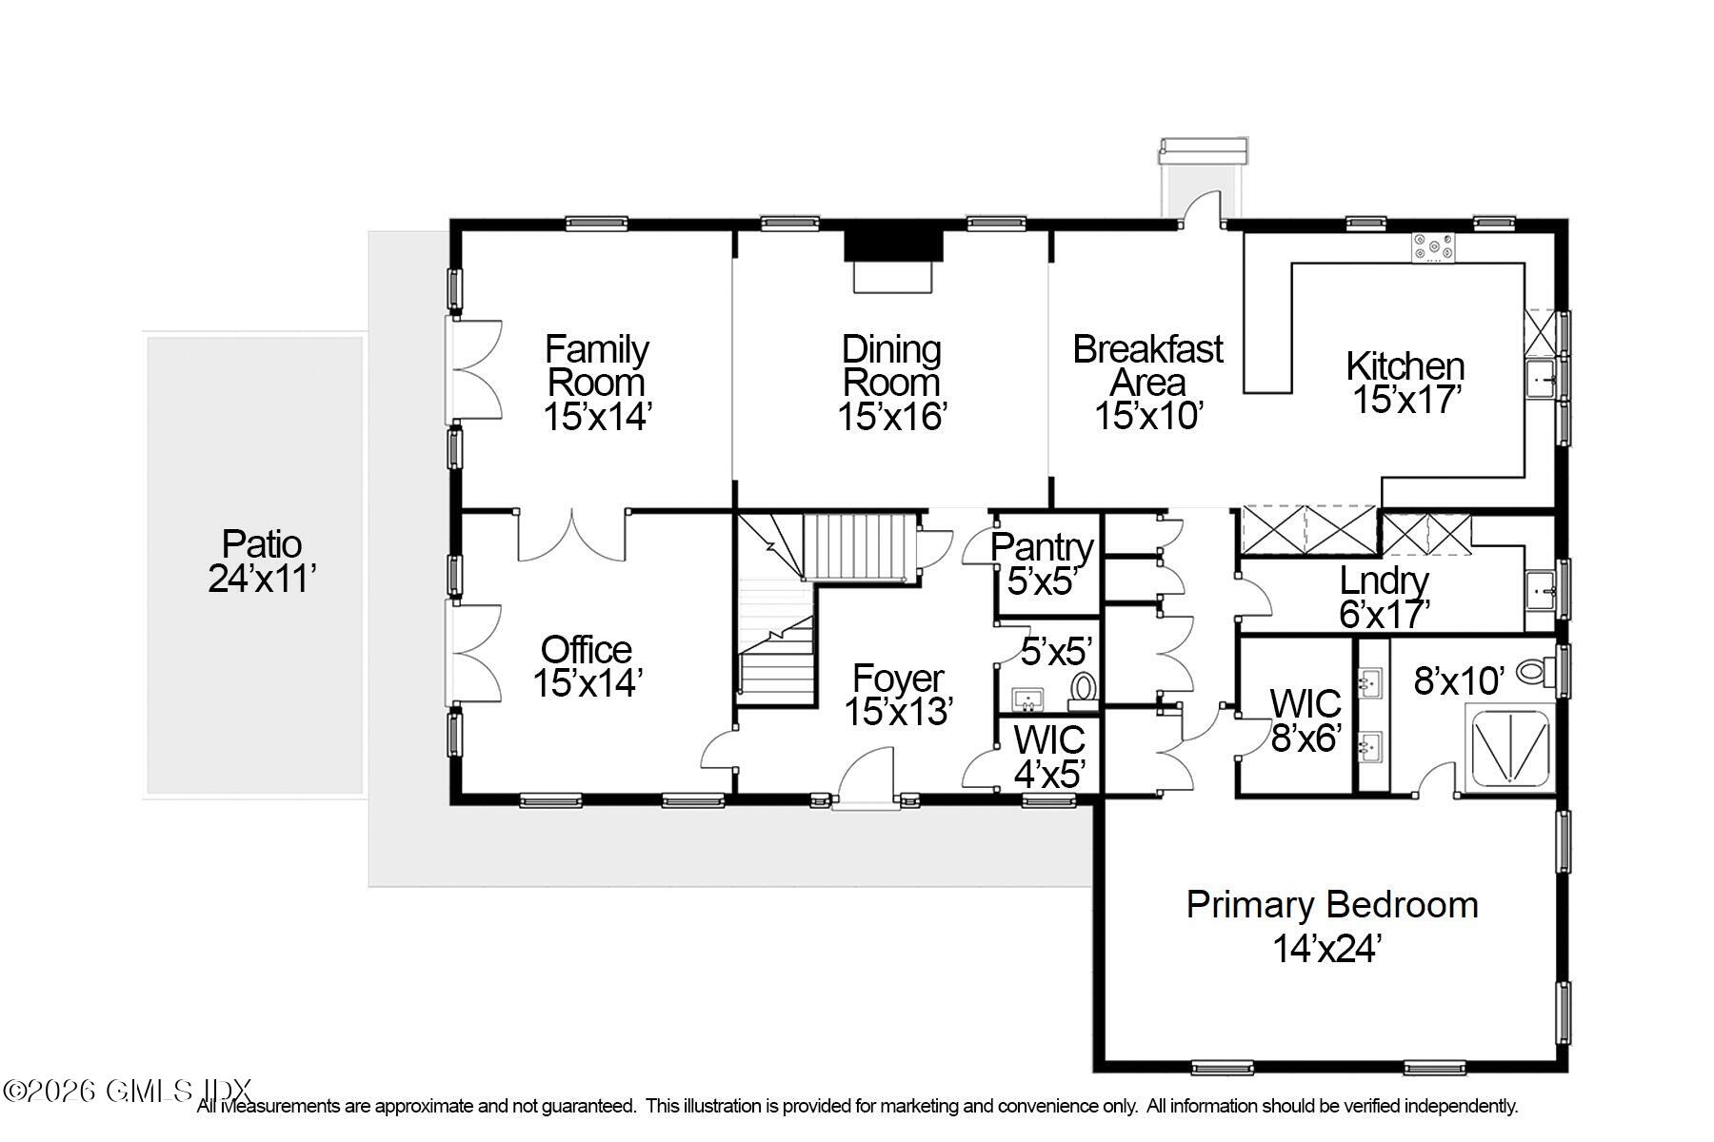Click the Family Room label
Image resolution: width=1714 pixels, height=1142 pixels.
[597, 365]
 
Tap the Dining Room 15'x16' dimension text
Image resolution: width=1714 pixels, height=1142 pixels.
[891, 417]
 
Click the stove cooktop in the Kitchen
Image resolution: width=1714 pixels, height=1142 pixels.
[1433, 247]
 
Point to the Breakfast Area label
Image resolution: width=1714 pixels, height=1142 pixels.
[1147, 365]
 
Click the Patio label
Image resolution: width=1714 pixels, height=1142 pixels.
[262, 544]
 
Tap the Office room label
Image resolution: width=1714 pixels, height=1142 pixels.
[587, 650]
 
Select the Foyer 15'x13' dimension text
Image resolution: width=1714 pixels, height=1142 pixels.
[898, 712]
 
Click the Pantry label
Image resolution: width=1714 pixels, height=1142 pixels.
[1042, 547]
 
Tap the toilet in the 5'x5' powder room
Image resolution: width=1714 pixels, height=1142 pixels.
[1083, 689]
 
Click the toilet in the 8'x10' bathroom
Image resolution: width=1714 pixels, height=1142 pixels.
[1534, 672]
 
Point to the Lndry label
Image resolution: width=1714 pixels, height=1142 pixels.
[1384, 581]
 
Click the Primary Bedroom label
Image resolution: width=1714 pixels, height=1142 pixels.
[1331, 904]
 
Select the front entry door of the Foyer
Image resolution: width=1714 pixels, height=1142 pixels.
[865, 780]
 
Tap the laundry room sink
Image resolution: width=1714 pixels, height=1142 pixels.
[1540, 588]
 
